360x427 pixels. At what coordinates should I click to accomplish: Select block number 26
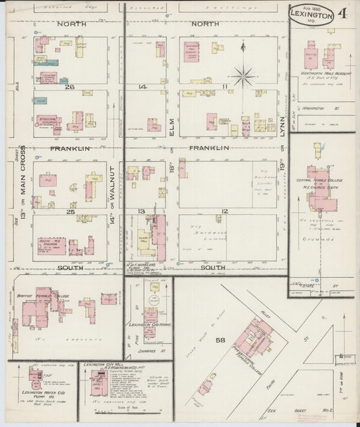click(68, 86)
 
